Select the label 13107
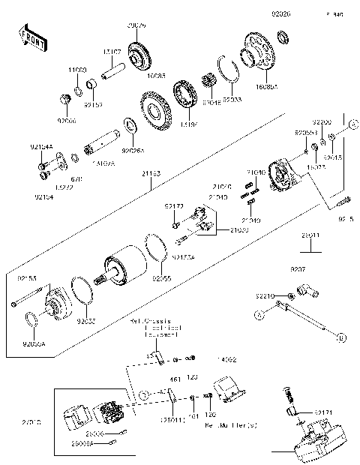click(113, 52)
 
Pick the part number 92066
click(67, 119)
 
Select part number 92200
click(322, 121)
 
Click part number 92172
click(174, 205)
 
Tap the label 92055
click(162, 277)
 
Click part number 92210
click(267, 296)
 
